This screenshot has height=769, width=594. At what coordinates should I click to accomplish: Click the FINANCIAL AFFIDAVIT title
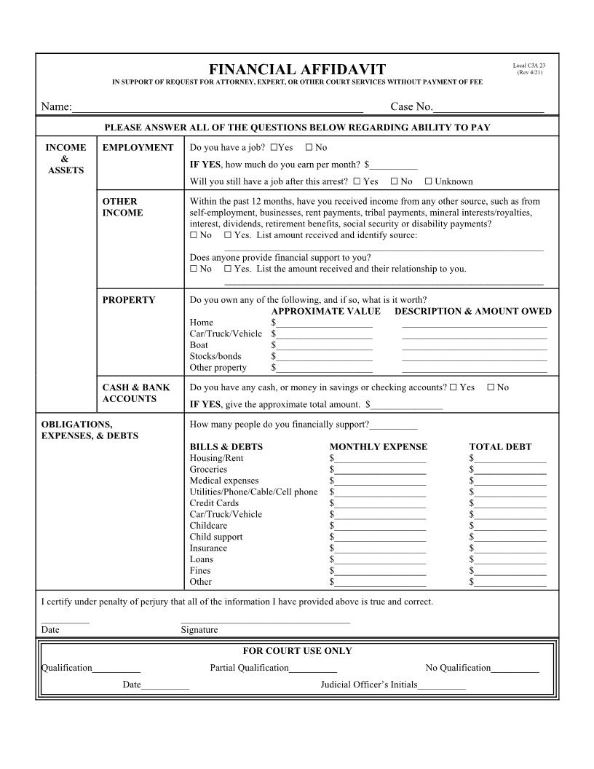[x=297, y=70]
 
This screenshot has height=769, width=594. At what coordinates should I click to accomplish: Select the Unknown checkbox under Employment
[x=429, y=181]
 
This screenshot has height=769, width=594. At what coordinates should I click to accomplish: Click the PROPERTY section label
[x=128, y=300]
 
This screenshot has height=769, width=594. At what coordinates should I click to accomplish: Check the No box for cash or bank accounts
[x=491, y=387]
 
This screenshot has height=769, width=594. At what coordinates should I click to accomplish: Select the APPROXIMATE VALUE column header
[x=325, y=312]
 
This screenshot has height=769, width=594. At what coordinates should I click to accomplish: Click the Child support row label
[x=216, y=537]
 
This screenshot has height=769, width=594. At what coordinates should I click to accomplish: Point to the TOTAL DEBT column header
[x=500, y=447]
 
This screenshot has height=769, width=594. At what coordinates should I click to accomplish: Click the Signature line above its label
[x=265, y=620]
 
